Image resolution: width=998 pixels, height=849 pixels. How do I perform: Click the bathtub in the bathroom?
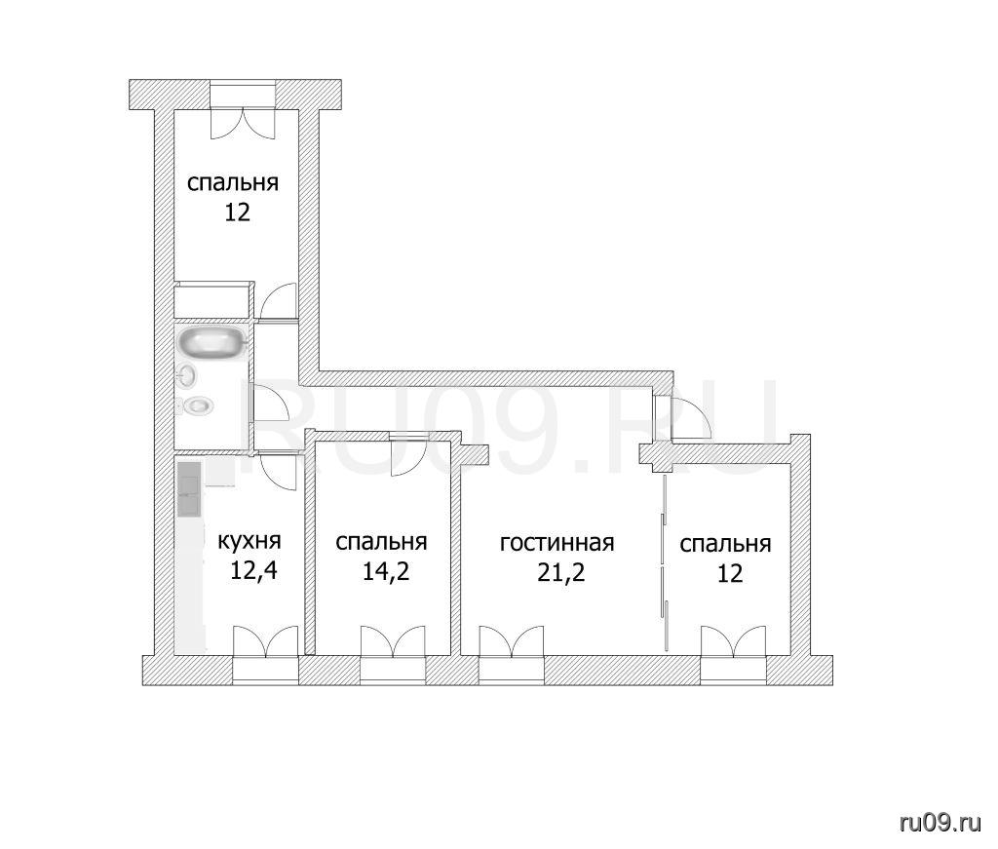point(211,343)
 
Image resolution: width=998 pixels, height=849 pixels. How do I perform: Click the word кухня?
point(249,542)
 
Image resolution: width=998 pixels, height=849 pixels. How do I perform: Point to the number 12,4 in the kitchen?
point(253,570)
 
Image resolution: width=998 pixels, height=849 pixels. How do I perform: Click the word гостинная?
point(557,544)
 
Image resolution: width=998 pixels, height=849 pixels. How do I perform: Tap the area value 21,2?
point(560,573)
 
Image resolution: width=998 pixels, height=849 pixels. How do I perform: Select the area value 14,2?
point(386,571)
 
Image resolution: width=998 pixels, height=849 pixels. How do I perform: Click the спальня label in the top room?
point(233,183)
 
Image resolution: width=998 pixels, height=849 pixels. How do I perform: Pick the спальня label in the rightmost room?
point(725,545)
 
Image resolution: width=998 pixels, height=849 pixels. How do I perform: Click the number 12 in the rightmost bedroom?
point(730,574)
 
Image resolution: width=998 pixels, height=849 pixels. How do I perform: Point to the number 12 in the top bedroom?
point(237,212)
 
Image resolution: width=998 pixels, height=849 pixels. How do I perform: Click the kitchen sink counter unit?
point(189,488)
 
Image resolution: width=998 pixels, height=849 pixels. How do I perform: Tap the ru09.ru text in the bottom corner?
point(940,823)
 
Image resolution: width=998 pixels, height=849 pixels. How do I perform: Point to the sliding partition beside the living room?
point(665,562)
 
